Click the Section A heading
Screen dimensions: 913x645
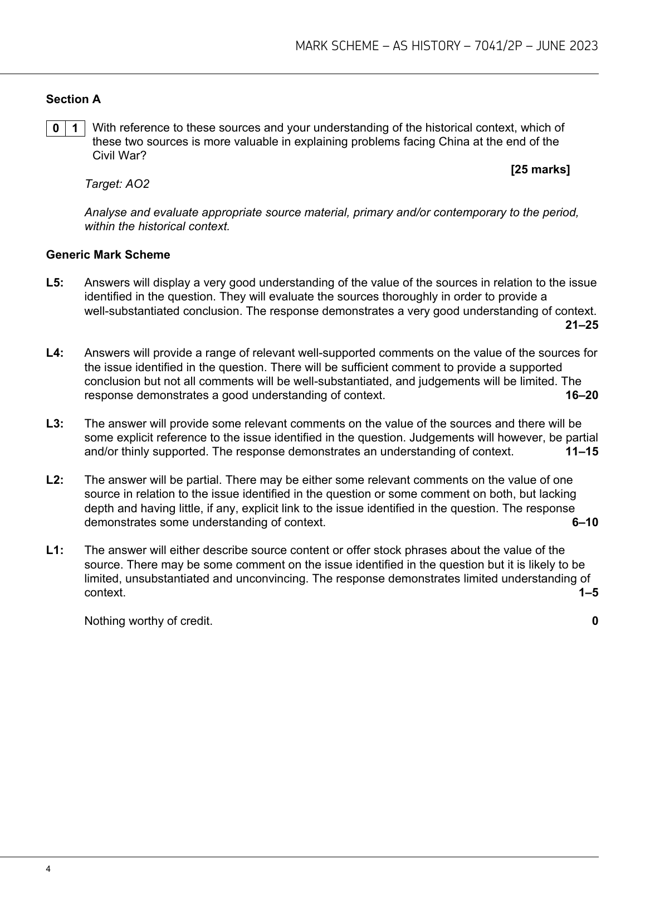[73, 99]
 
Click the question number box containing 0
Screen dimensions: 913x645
[56, 128]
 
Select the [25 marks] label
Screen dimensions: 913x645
[540, 169]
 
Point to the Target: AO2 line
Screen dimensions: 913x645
[117, 184]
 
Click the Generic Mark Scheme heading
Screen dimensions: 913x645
[108, 255]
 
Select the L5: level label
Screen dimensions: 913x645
[55, 283]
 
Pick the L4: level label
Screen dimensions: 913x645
[55, 353]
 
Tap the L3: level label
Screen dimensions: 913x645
[55, 424]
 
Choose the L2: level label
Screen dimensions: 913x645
[55, 480]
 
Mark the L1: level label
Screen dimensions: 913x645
[55, 550]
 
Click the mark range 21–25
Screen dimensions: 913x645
[582, 325]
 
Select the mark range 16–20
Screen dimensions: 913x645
[582, 395]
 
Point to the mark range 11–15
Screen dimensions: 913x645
[582, 451]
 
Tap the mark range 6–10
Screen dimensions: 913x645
[585, 522]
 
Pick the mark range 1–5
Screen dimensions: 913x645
[588, 593]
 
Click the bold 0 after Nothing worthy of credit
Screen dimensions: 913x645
[595, 621]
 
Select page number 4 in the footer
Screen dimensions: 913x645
[48, 869]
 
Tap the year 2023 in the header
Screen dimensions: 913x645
[584, 46]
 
